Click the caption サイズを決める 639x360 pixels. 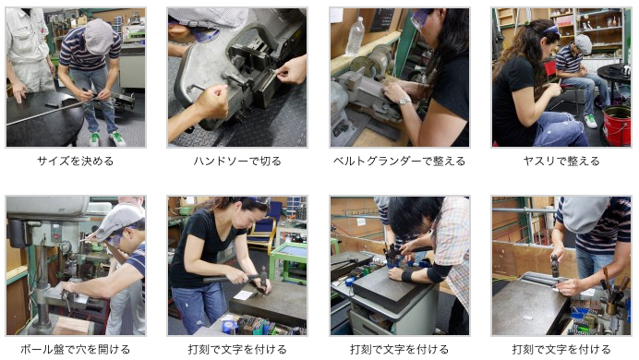point(76,162)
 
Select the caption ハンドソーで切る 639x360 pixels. point(237,162)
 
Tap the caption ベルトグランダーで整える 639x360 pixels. point(399,162)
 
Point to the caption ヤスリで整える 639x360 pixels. point(561,162)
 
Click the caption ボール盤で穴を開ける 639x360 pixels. point(76,350)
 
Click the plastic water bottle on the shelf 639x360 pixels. point(356,36)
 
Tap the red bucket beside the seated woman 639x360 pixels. point(617,125)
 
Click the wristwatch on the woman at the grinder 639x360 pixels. point(404,101)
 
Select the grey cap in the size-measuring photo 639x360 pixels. point(99,36)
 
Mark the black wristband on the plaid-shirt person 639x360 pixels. point(407,277)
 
